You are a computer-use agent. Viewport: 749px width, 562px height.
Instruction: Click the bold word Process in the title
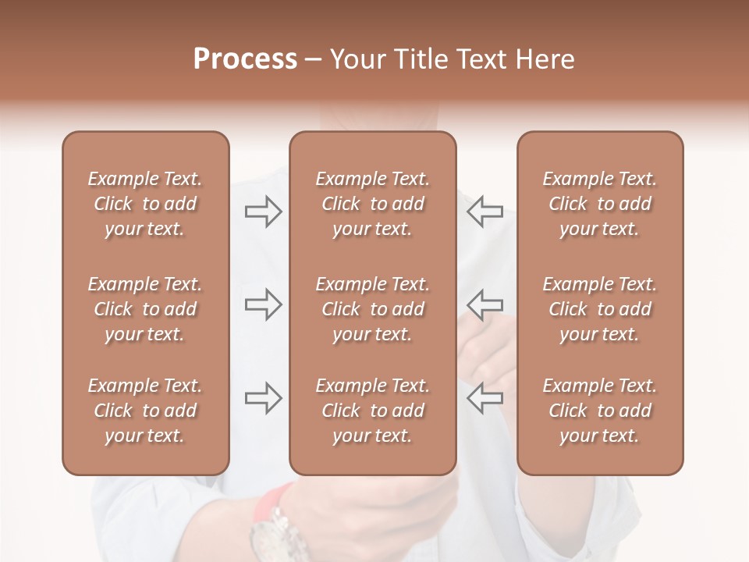point(245,59)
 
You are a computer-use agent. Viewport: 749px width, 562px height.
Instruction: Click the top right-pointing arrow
point(264,212)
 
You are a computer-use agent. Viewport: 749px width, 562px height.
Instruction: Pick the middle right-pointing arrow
point(264,304)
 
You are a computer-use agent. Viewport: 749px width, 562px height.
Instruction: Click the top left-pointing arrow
point(485,212)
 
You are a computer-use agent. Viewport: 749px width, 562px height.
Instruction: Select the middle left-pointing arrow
point(485,304)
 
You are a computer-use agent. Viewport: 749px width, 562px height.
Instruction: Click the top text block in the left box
point(145,204)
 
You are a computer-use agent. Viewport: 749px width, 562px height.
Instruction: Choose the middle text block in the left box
point(145,309)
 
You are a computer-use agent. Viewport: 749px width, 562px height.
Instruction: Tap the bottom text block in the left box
point(145,411)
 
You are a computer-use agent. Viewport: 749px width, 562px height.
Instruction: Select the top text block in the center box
point(372,204)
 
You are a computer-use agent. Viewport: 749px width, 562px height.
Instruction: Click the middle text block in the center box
point(372,309)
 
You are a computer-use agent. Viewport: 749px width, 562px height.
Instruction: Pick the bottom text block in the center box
point(372,411)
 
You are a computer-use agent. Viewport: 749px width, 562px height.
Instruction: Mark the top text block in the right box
point(599,204)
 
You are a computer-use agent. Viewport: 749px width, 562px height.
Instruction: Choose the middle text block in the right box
point(599,309)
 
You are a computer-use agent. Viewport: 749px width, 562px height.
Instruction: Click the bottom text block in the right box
point(599,411)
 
